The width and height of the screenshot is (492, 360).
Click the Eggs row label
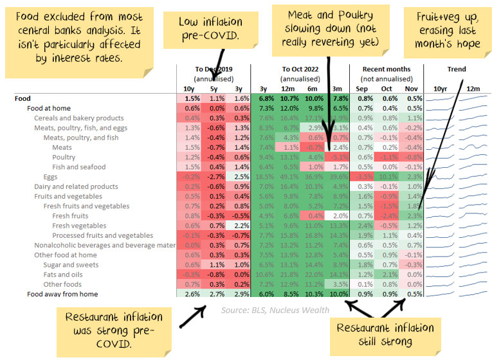coord(50,177)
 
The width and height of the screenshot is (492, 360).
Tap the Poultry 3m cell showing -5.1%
coord(339,157)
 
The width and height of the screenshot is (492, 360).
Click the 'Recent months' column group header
coord(386,69)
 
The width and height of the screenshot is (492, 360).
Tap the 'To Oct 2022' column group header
coord(300,69)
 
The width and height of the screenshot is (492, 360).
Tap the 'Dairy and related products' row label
coord(76,186)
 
